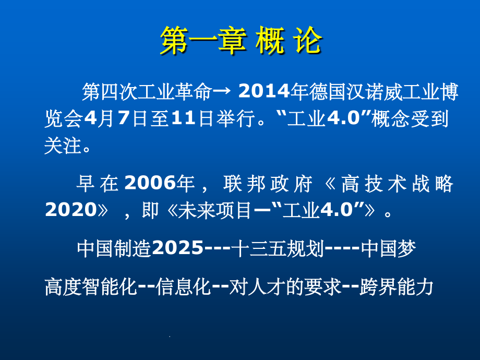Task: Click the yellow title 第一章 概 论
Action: [x=241, y=42]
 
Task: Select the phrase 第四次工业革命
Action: [x=147, y=93]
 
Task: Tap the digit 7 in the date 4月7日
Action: [x=123, y=119]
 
